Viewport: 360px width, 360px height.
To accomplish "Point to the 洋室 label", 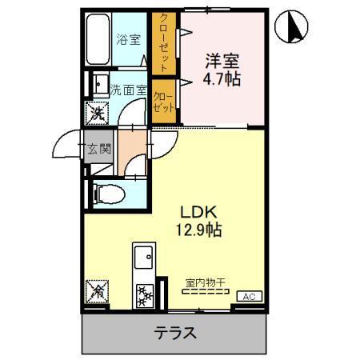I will coord(222,59).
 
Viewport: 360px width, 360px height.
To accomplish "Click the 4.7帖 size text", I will coord(222,78).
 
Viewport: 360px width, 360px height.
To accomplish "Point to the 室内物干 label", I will coord(206,282).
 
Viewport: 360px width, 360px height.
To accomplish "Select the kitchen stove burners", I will coord(144,295).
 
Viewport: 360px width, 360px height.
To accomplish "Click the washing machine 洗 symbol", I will coord(97,114).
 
